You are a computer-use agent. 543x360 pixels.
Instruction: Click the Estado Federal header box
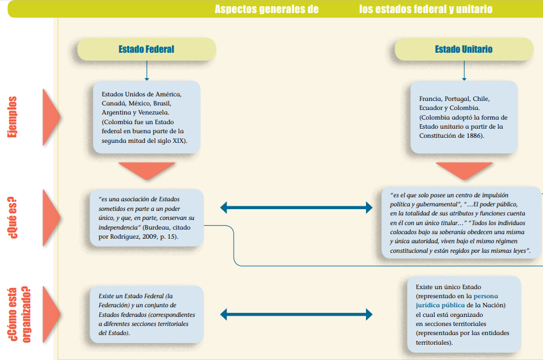(146, 49)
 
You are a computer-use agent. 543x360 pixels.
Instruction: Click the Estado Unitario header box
(464, 49)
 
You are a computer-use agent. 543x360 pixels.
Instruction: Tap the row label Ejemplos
(12, 117)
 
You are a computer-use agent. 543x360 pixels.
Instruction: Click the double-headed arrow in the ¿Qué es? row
(296, 208)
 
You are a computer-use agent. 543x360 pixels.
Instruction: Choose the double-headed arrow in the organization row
(296, 314)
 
